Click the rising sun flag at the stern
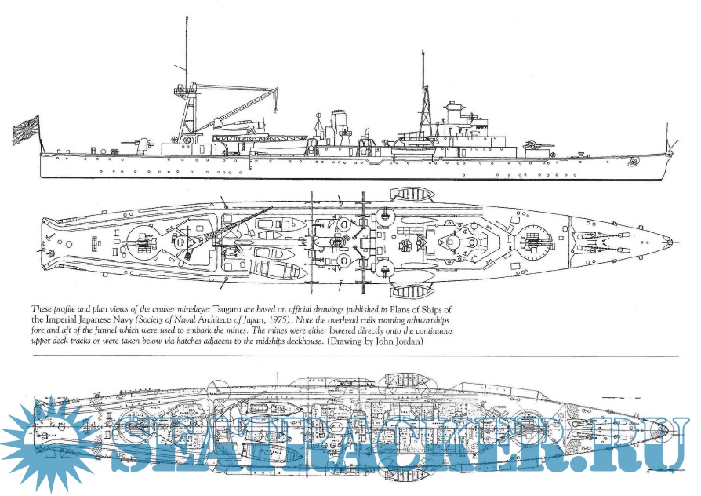pyautogui.click(x=26, y=129)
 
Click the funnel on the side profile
pyautogui.click(x=338, y=126)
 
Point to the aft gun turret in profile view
pyautogui.click(x=143, y=144)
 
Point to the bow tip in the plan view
pyautogui.click(x=670, y=242)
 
